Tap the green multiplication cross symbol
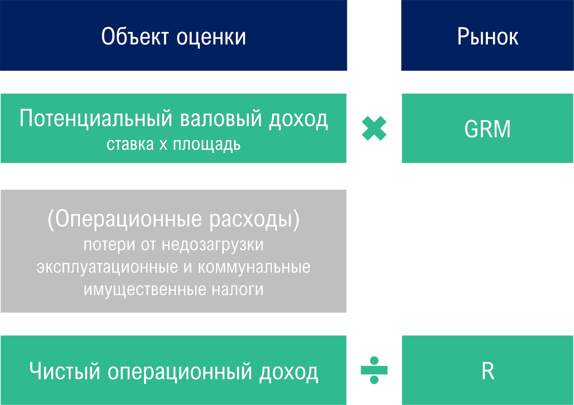click(374, 128)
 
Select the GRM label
click(487, 129)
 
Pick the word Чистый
click(65, 372)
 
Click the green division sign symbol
click(374, 370)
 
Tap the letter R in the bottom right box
click(487, 372)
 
